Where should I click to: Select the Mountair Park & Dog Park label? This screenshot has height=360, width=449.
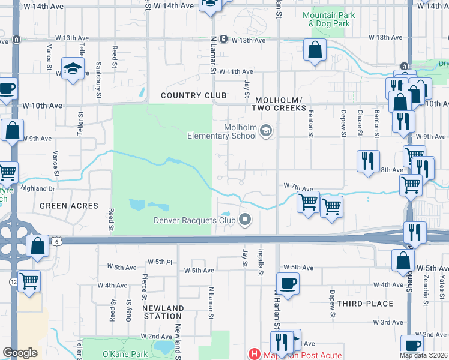[328, 19]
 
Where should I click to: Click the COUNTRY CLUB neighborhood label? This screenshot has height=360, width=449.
[193, 95]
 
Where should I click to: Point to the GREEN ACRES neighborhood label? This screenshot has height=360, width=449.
[68, 206]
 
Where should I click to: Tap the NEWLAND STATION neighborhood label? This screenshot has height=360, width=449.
[163, 312]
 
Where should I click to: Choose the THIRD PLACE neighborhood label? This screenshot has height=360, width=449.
[365, 304]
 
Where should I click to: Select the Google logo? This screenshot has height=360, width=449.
[20, 353]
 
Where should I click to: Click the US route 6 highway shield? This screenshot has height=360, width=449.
[56, 241]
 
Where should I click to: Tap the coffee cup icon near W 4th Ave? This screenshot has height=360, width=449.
[288, 283]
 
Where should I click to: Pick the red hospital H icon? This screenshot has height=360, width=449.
[255, 355]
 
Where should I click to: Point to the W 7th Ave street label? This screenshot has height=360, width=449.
[299, 187]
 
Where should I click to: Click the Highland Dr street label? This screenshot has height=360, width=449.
[38, 188]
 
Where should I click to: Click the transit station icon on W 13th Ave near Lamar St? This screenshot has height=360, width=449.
[223, 39]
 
